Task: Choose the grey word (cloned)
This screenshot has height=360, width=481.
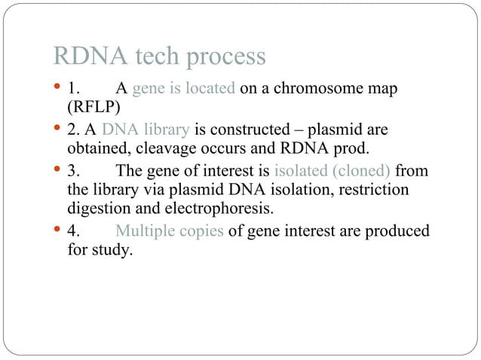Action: [357, 170]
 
